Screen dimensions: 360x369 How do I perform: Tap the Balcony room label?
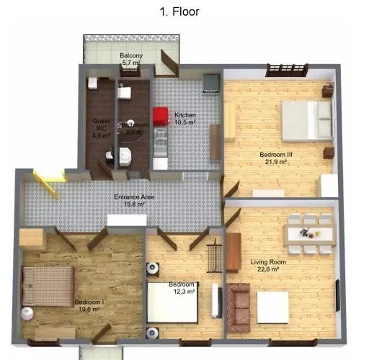(x=130, y=55)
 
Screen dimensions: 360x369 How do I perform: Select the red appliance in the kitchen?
(x=160, y=116)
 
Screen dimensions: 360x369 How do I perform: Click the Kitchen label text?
(x=184, y=115)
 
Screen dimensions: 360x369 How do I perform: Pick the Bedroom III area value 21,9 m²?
(x=276, y=162)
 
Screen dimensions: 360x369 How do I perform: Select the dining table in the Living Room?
(x=309, y=232)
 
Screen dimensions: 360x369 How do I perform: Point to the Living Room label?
(x=268, y=262)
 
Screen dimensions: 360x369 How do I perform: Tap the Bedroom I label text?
(x=89, y=302)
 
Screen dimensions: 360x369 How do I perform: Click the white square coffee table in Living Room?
(x=272, y=307)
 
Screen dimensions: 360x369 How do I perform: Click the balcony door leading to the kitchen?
(x=169, y=62)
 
